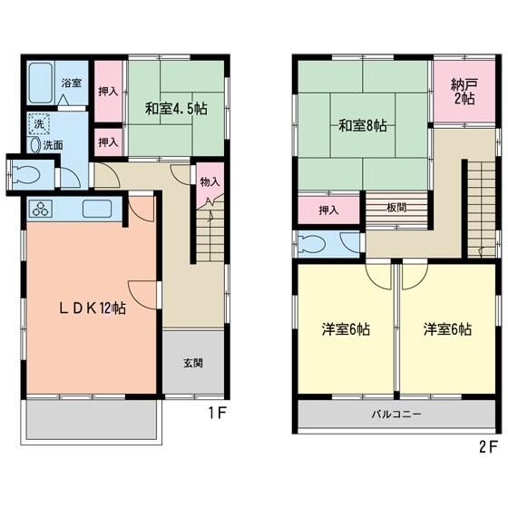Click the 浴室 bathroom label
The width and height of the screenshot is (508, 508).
tap(72, 83)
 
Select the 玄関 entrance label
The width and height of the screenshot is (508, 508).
tap(192, 364)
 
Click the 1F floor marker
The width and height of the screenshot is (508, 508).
tap(215, 420)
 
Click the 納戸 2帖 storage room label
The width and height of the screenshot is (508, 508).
tap(464, 92)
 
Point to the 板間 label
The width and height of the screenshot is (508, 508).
tap(396, 209)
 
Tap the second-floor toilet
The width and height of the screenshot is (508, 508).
tap(315, 243)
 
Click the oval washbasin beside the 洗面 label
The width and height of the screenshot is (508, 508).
tap(35, 144)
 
